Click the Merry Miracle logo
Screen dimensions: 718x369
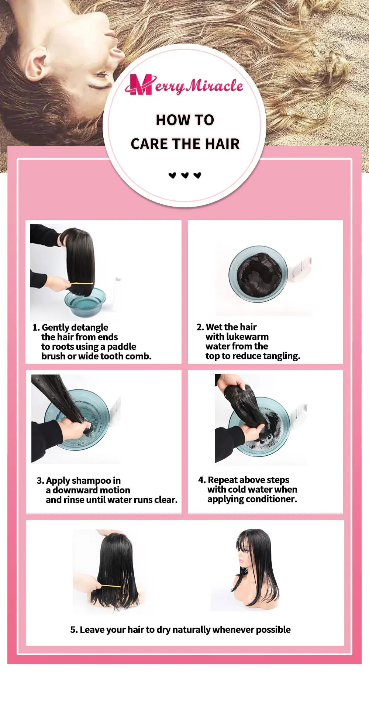tap(184, 85)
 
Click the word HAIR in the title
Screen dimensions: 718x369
tap(222, 144)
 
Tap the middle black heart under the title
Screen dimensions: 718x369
tap(185, 175)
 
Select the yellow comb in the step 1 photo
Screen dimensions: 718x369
tap(82, 283)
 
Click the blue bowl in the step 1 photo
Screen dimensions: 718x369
tap(85, 303)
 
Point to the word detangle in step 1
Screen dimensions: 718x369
tap(90, 327)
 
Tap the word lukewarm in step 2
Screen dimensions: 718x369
tap(247, 336)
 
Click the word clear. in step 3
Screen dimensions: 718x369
tap(166, 500)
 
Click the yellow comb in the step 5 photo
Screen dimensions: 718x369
tap(111, 586)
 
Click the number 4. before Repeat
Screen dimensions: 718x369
tap(202, 480)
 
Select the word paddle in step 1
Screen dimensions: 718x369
tap(121, 346)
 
